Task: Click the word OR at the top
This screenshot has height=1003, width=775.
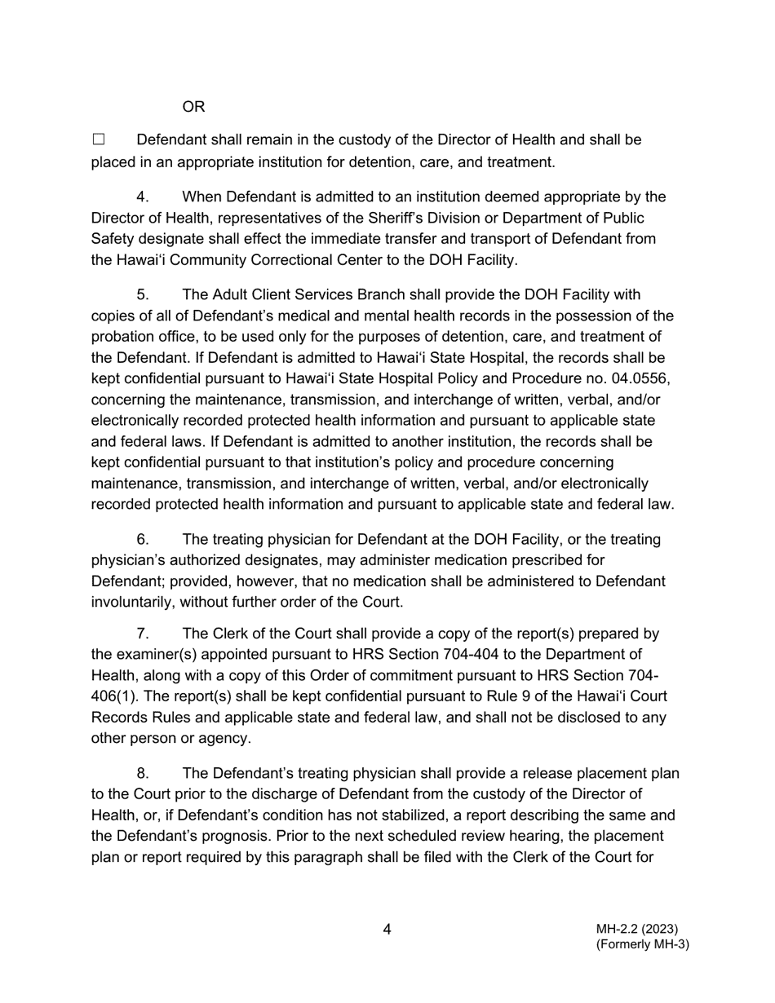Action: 193,107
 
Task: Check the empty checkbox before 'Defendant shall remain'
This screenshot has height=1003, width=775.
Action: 99,140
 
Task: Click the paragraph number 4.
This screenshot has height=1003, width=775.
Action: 141,197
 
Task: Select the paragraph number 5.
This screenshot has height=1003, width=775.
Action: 141,294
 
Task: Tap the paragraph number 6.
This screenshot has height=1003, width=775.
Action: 141,540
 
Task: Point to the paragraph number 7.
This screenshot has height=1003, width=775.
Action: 141,634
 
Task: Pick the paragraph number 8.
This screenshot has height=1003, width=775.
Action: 141,773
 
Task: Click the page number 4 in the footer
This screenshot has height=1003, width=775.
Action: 387,930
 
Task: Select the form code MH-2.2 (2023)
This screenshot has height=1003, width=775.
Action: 636,929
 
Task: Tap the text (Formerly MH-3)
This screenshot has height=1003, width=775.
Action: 642,944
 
